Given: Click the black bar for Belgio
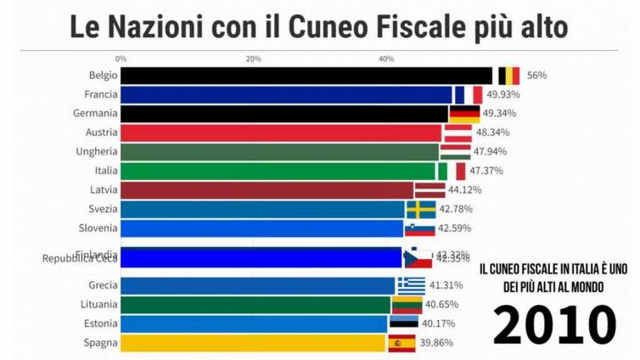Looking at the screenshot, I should point(306,76).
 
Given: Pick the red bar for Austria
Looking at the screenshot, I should point(281,132).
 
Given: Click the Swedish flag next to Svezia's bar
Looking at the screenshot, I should point(421,209).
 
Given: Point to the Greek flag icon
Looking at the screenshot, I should point(412,285).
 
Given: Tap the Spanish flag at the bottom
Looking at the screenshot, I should point(401,343).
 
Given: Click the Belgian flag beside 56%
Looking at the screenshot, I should point(508,76).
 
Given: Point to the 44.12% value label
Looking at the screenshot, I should point(466,189).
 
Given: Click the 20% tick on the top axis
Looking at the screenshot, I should point(253,59).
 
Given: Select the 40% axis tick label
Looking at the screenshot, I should point(386,59).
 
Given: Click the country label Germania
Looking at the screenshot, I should point(96,113).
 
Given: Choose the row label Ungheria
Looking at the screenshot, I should point(97,151).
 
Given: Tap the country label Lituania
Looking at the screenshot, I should point(98,304).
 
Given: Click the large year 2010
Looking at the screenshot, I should point(553,325).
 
